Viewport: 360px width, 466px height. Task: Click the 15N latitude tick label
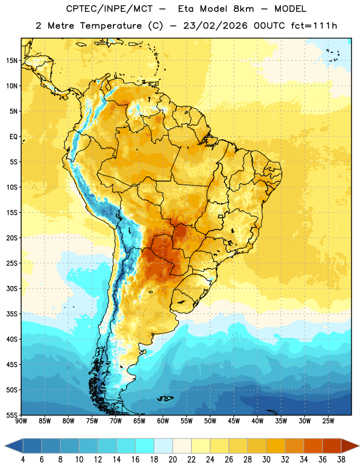pyautogui.click(x=12, y=61)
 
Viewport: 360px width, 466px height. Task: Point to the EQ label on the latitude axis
pyautogui.click(x=13, y=137)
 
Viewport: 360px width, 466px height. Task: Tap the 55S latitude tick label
pyautogui.click(x=12, y=415)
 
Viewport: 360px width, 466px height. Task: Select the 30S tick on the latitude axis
pyautogui.click(x=12, y=288)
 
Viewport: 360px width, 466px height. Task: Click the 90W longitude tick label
pyautogui.click(x=21, y=421)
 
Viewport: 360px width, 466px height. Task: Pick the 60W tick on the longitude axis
pyautogui.click(x=163, y=421)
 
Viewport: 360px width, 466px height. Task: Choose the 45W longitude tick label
pyautogui.click(x=234, y=421)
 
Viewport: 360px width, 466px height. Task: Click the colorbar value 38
pyautogui.click(x=341, y=460)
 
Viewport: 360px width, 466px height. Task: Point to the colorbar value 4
pyautogui.click(x=23, y=460)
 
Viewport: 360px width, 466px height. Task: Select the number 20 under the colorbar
pyautogui.click(x=172, y=460)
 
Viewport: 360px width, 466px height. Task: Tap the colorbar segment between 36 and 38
pyautogui.click(x=332, y=446)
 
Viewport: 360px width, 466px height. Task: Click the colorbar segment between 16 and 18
pyautogui.click(x=144, y=446)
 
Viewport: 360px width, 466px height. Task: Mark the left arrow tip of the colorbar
pyautogui.click(x=5, y=446)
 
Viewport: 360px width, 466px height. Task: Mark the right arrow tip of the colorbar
pyautogui.click(x=359, y=446)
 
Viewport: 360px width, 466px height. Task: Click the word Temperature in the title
pyautogui.click(x=111, y=26)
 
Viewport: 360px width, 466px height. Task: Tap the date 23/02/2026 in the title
pyautogui.click(x=215, y=26)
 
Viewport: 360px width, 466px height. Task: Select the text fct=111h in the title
pyautogui.click(x=314, y=26)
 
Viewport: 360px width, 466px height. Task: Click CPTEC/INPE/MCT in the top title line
pyautogui.click(x=109, y=9)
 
